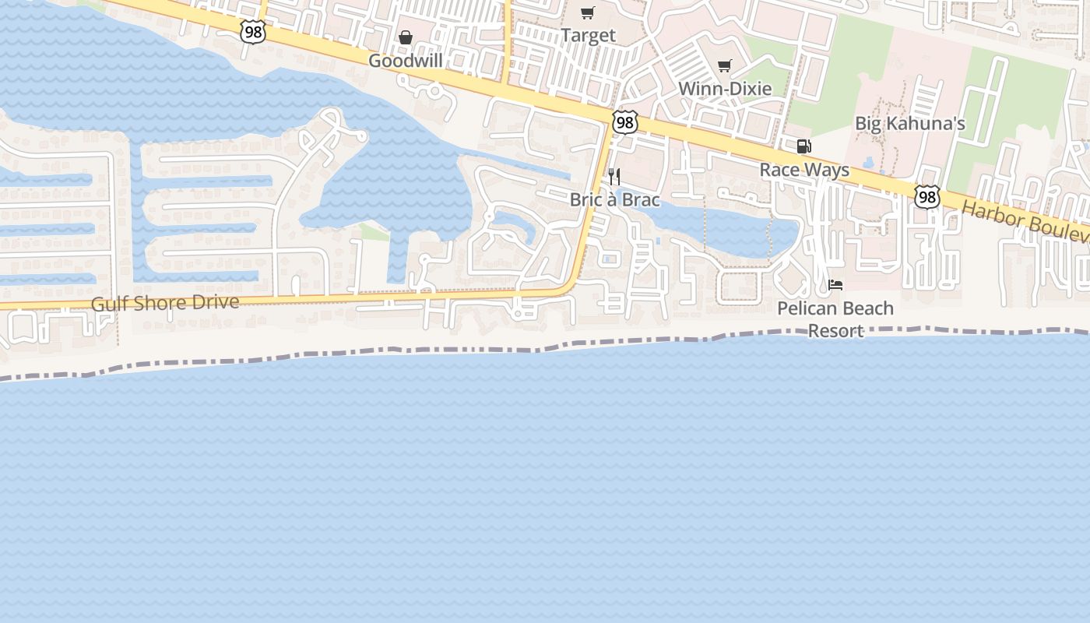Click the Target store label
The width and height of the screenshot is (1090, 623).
[x=588, y=36]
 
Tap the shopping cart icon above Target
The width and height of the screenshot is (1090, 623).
[x=588, y=12]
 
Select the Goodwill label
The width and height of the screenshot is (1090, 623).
[x=405, y=61]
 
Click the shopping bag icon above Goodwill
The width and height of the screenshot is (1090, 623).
[x=405, y=37]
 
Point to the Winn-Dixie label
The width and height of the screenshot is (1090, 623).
[x=725, y=89]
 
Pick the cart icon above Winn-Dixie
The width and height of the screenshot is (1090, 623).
[x=725, y=65]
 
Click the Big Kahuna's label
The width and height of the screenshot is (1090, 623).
[x=910, y=123]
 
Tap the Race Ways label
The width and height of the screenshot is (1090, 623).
[x=804, y=170]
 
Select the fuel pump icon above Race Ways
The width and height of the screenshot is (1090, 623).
[x=803, y=146]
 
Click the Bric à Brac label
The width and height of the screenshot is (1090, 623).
[x=614, y=200]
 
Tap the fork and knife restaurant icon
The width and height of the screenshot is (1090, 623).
[x=614, y=176]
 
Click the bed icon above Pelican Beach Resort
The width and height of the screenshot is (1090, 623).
[x=835, y=284]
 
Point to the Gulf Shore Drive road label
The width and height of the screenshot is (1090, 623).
[x=165, y=303]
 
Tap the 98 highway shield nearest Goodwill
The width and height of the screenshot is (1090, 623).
[x=253, y=32]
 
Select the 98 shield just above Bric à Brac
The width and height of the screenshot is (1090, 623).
[x=624, y=122]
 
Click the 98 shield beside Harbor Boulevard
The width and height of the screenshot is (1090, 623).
[x=926, y=197]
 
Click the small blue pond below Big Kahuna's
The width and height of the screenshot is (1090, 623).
[x=868, y=162]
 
